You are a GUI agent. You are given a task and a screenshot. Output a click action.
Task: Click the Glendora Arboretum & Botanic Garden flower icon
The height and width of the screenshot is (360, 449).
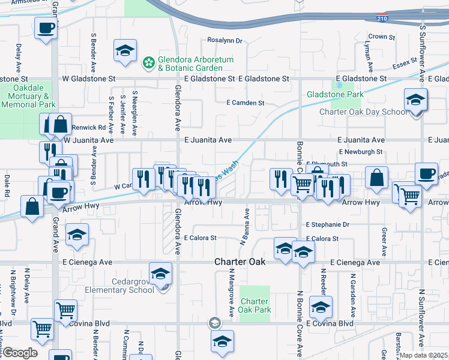click(148, 62)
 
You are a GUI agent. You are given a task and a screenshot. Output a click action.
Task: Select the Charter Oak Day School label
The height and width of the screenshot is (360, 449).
click(363, 112)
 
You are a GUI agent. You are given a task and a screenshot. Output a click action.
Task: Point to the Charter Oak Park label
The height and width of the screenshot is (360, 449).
click(255, 306)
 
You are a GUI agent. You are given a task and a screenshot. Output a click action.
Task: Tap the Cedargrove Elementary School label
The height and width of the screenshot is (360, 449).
click(119, 286)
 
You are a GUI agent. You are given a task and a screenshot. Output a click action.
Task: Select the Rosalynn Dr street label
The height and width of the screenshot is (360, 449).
click(224, 41)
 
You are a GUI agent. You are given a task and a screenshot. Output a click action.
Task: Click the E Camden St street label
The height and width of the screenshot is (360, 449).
click(245, 103)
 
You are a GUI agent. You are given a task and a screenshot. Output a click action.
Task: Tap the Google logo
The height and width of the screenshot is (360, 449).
click(20, 353)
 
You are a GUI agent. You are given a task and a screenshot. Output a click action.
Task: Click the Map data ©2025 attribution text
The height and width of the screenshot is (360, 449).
click(424, 355)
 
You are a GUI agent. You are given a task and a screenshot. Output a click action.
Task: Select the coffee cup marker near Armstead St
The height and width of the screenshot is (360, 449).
click(46, 28)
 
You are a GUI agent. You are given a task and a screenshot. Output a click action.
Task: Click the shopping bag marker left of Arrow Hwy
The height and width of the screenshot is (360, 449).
click(32, 206)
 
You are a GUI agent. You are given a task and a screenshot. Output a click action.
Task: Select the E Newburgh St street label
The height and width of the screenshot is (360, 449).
click(360, 152)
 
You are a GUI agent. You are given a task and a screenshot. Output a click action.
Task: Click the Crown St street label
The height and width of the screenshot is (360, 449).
click(382, 37)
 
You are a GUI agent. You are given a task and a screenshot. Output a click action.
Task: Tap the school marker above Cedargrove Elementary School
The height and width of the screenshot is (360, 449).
click(160, 274)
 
